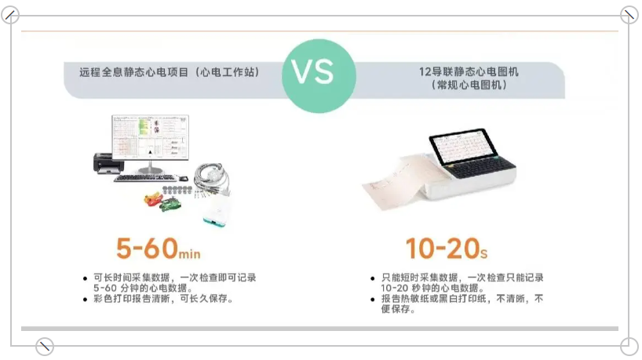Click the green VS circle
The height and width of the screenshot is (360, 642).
[x=319, y=75]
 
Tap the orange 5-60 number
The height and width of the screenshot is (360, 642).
[x=148, y=248]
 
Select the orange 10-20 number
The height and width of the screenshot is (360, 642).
[x=443, y=248]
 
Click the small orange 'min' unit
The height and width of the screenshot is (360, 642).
[x=190, y=253]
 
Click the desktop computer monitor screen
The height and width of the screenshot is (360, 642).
[x=150, y=136]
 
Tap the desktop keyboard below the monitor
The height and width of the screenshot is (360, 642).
[x=145, y=178]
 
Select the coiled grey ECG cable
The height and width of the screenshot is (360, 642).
[x=212, y=178]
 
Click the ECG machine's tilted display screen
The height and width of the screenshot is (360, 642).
[x=463, y=146]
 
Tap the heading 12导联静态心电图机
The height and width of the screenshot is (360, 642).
[x=469, y=71]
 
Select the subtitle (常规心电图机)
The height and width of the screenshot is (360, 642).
[x=469, y=85]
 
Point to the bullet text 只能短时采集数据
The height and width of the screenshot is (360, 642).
[x=419, y=278]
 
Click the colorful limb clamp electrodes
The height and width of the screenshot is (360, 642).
[x=162, y=202]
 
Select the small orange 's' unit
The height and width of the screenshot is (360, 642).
[x=484, y=254]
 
